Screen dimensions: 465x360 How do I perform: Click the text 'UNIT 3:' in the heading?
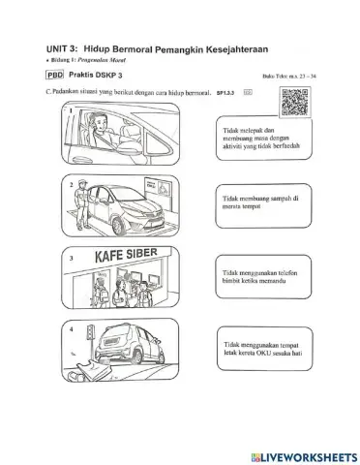point(63,46)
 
